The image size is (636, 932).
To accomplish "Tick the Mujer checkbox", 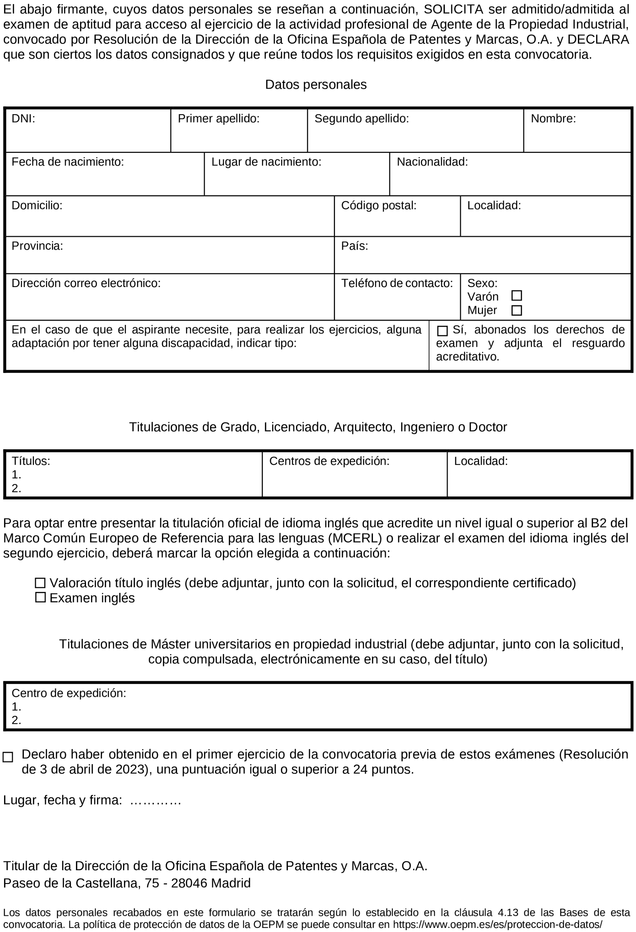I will coord(516,311).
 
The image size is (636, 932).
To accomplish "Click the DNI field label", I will coord(23,119).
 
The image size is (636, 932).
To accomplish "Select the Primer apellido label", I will coord(219,119).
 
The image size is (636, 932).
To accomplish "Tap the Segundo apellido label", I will coord(362,119).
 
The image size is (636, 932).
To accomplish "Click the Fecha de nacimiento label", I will coord(68,162).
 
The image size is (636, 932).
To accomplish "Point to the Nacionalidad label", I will coord(432,162).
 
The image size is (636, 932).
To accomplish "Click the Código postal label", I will coord(378,206).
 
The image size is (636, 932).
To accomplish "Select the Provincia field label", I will coord(37,246).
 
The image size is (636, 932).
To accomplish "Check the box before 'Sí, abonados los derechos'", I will coord(442,331).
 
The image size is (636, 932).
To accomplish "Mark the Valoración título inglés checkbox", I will coord(40,583).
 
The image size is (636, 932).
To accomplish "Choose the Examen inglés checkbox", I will coord(40,598).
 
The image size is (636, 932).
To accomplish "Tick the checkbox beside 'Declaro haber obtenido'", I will coord(8,757).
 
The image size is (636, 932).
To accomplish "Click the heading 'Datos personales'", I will coord(316,85).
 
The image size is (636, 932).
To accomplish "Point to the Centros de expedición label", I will coord(329,461).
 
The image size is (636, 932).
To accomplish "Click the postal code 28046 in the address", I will coord(189,883).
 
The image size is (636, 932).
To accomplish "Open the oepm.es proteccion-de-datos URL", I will coord(498,924).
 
